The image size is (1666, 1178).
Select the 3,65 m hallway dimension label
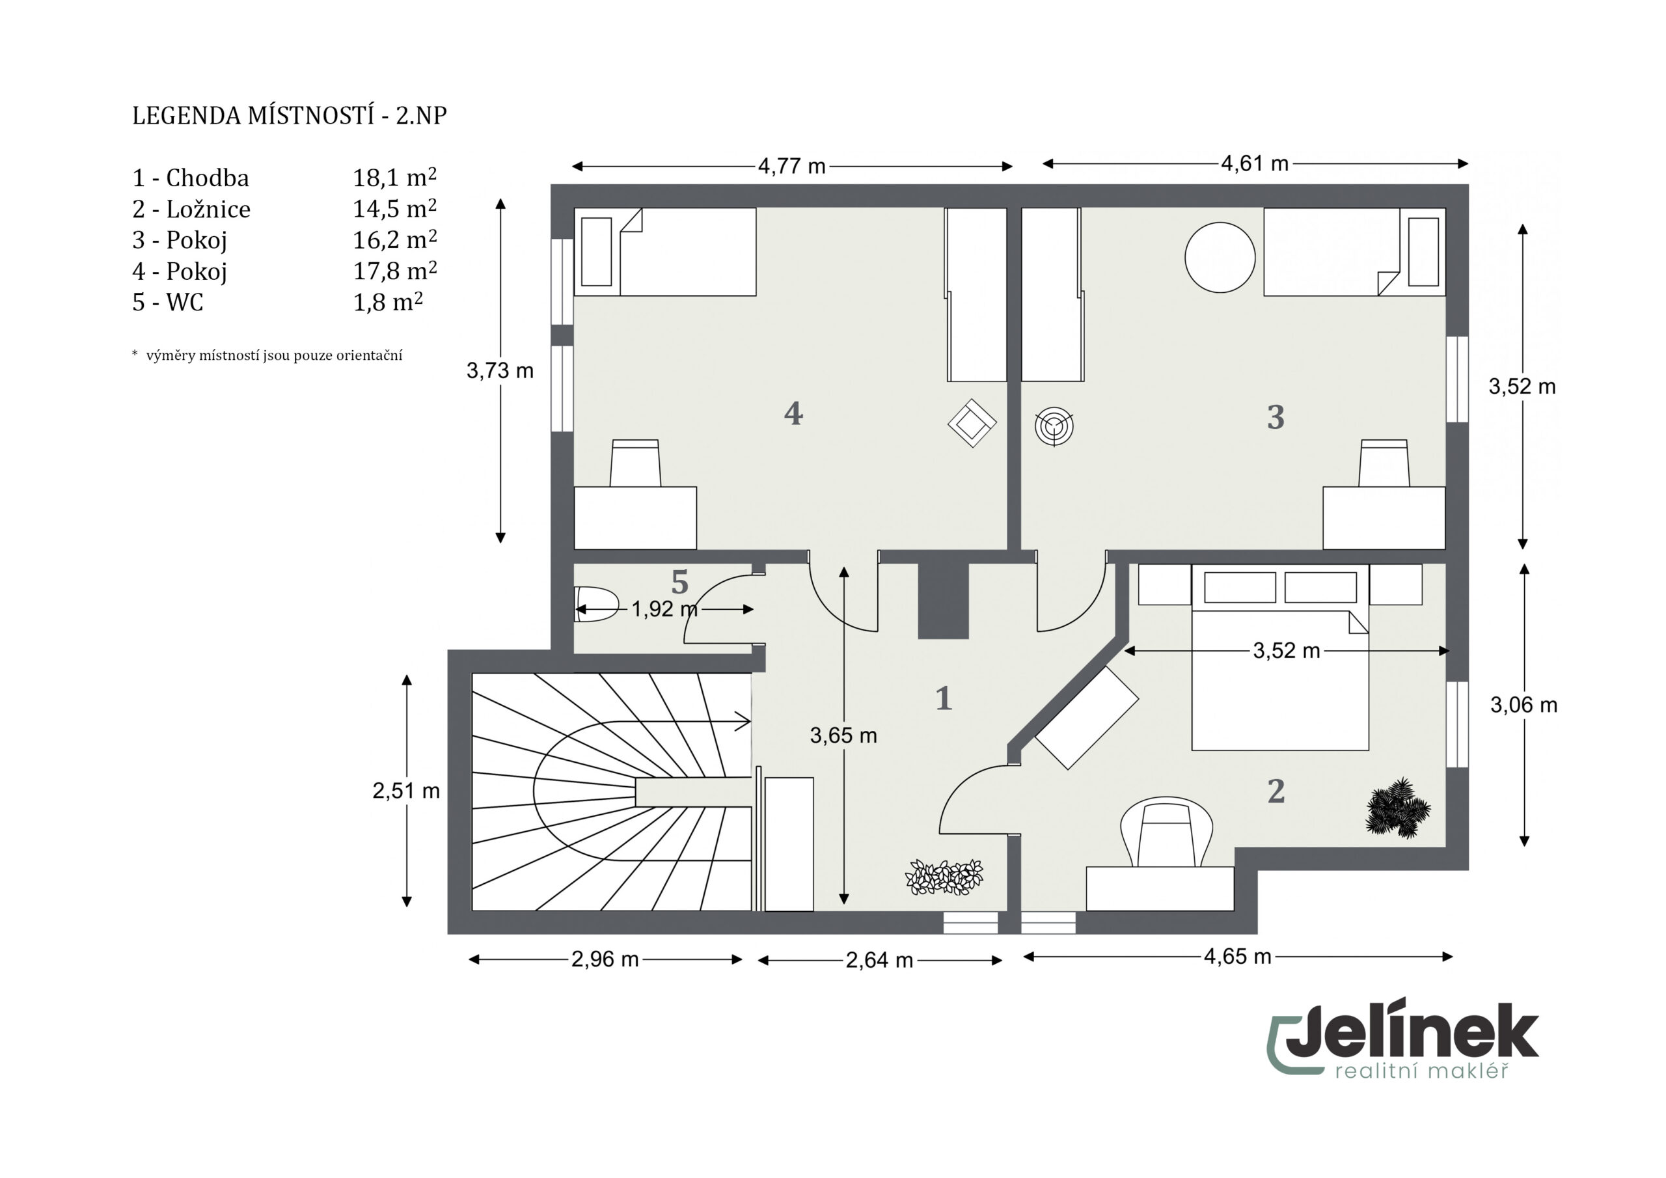(x=843, y=735)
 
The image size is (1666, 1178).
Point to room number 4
(x=793, y=413)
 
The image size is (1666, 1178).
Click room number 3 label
(x=1276, y=417)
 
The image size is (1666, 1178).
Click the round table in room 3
(x=1220, y=258)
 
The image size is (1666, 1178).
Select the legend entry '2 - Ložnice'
(x=191, y=209)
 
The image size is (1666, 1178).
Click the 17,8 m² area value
(x=395, y=271)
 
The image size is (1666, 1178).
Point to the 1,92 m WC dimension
(x=664, y=609)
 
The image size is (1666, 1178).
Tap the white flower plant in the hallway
(x=944, y=877)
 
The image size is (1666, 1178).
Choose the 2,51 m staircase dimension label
(x=406, y=790)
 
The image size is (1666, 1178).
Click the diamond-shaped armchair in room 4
(x=972, y=423)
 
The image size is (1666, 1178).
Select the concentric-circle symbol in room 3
(x=1054, y=427)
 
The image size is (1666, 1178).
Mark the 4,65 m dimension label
(x=1238, y=957)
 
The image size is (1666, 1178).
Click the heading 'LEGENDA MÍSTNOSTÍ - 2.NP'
(x=290, y=115)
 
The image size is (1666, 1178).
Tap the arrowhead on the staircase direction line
(x=744, y=722)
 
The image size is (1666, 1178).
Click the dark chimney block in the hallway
(x=943, y=601)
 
